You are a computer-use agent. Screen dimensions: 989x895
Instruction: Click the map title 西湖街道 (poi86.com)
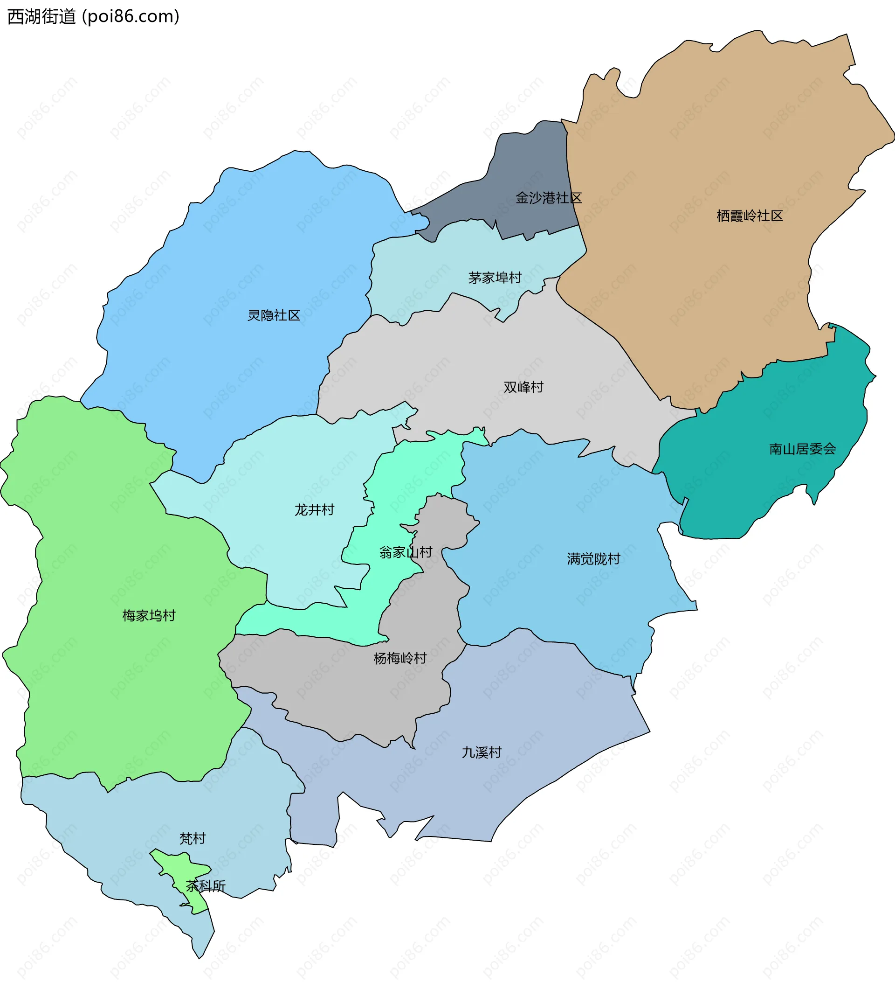click(93, 17)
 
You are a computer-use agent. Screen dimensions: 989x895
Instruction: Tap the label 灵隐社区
click(274, 315)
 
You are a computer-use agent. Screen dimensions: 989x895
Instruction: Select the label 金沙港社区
click(549, 198)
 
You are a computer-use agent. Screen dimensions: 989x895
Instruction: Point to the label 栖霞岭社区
click(750, 216)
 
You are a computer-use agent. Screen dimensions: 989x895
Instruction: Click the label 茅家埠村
click(495, 278)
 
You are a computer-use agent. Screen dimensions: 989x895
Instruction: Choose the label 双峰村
click(523, 388)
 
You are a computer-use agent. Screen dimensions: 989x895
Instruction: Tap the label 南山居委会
click(802, 449)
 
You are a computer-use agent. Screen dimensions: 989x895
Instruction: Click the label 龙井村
click(314, 510)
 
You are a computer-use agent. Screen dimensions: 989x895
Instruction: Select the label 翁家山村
click(406, 553)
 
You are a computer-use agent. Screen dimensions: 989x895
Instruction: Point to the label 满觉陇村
click(593, 559)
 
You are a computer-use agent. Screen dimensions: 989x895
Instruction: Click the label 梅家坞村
click(149, 616)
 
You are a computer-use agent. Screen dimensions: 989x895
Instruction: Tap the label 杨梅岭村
click(400, 659)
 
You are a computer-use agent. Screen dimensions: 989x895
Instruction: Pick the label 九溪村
click(482, 753)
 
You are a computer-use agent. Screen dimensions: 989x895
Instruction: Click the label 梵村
click(192, 839)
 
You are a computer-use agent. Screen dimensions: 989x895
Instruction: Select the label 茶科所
click(206, 886)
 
